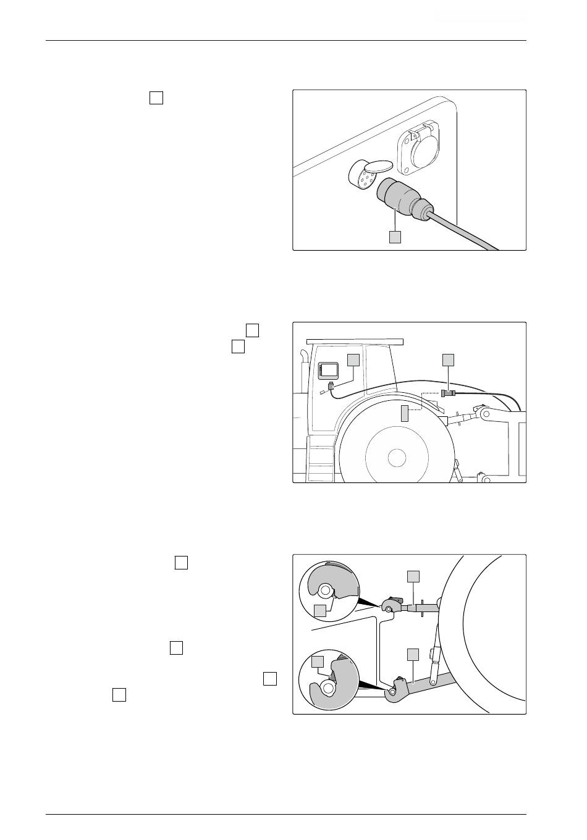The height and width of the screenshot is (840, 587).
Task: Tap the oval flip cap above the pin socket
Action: point(378,166)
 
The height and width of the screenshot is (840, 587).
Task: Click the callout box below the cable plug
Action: point(395,237)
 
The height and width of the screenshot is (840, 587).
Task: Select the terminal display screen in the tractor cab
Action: point(329,371)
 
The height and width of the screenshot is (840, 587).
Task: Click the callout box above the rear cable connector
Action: point(449,360)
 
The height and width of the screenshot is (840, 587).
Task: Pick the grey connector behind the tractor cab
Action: point(448,393)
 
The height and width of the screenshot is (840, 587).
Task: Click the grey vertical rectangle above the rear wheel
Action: point(405,413)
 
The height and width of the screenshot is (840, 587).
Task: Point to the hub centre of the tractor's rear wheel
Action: point(396,458)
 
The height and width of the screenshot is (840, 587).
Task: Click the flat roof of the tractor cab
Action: point(355,341)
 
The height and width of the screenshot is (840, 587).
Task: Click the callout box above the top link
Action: point(413,576)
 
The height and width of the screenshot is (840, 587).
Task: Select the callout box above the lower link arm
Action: point(413,654)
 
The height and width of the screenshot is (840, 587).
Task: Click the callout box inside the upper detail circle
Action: point(319,611)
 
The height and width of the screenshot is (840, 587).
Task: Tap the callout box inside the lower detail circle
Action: point(318,662)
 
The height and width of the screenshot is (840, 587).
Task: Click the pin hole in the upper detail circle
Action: point(325,589)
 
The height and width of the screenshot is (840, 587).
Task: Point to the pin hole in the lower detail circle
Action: point(327,687)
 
